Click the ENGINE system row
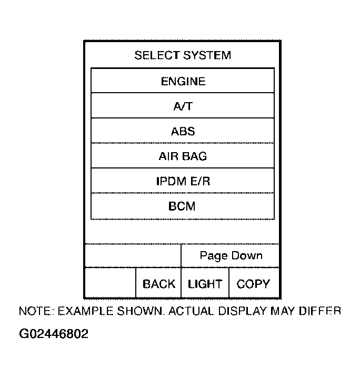click(183, 81)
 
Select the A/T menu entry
click(183, 106)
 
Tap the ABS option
click(183, 131)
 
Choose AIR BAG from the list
click(183, 156)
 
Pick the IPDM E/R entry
click(183, 181)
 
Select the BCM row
click(183, 206)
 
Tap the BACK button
click(158, 284)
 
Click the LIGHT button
click(205, 284)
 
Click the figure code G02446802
click(53, 334)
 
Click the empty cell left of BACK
click(110, 284)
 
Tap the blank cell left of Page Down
click(133, 256)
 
